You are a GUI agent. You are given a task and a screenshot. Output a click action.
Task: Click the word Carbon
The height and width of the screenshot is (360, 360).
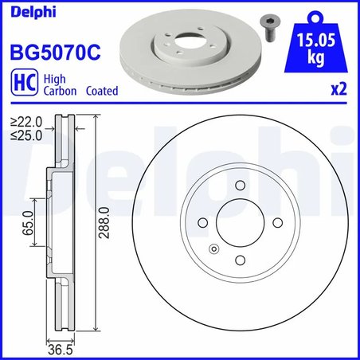click(61, 91)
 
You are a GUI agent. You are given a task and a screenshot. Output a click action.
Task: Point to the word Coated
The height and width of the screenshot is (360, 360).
click(100, 91)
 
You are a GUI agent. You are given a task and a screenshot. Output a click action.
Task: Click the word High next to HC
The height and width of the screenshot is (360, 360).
click(54, 79)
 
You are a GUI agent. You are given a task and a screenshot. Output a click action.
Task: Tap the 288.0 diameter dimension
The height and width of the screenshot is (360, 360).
click(102, 226)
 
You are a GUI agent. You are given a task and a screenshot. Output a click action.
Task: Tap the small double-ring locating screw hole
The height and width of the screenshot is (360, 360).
click(213, 251)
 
